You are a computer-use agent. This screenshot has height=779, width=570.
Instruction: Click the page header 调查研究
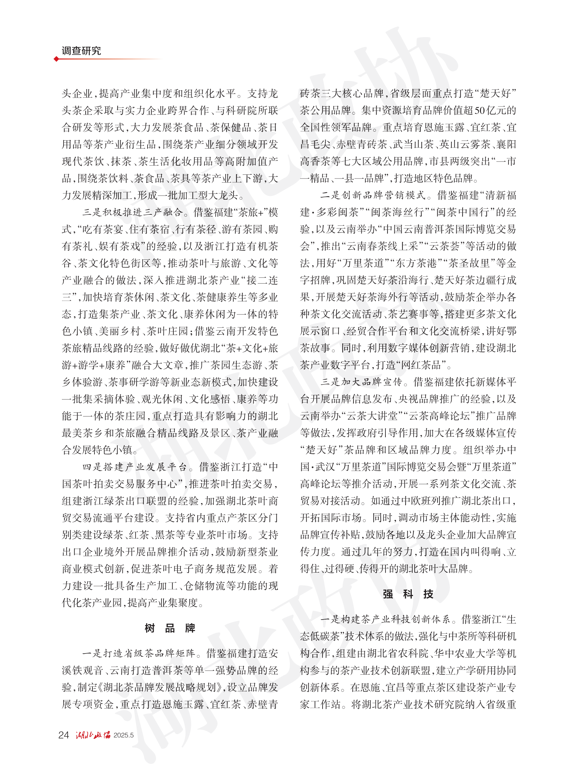[x=82, y=51]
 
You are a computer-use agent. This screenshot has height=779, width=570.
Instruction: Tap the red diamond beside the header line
[x=56, y=59]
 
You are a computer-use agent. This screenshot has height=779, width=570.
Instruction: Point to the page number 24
[x=64, y=734]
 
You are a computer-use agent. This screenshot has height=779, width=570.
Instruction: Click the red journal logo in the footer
[x=93, y=734]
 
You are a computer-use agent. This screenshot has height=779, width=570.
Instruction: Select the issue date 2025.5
[x=123, y=735]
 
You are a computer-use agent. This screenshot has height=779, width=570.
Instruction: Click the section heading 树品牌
[x=170, y=628]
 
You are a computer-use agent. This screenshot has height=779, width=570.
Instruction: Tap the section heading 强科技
[x=408, y=594]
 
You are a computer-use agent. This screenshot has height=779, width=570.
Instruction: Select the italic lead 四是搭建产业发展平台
[x=135, y=467]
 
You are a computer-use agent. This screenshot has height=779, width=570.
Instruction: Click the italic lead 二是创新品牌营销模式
[x=373, y=196]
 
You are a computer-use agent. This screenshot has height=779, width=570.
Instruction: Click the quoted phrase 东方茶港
[x=416, y=263]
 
